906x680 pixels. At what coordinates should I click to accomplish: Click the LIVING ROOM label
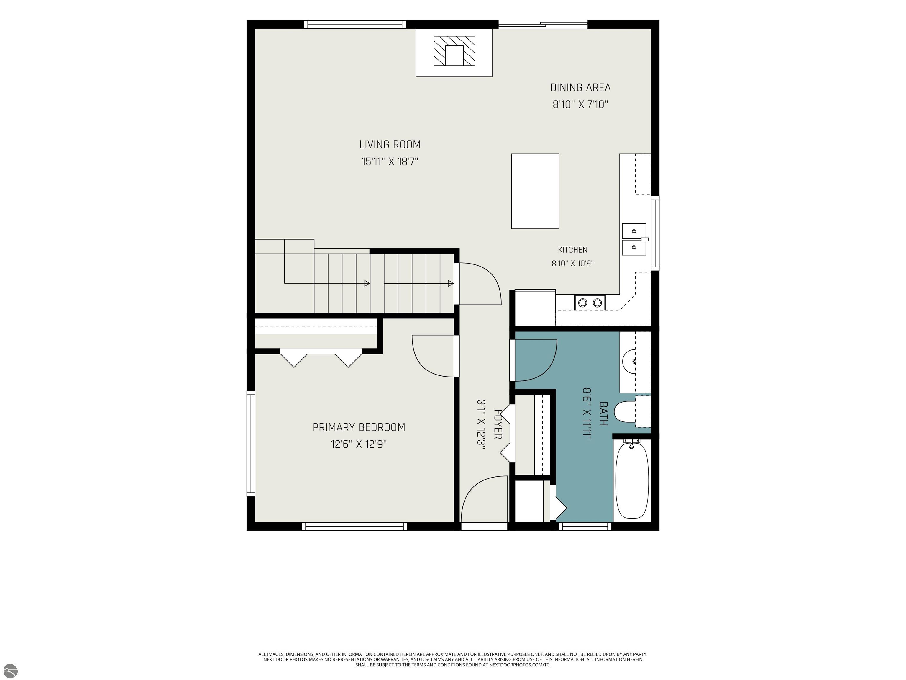click(390, 145)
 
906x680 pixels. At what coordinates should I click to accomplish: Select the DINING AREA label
click(580, 87)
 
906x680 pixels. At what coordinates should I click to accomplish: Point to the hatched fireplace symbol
click(454, 51)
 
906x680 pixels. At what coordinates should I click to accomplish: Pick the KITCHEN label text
click(573, 250)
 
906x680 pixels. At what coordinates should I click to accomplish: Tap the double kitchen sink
click(634, 239)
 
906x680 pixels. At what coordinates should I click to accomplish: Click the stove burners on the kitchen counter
click(590, 303)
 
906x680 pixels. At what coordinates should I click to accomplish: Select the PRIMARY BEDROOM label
click(359, 427)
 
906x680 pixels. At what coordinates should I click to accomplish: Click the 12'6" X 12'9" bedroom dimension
click(359, 444)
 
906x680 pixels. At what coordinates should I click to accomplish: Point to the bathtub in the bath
click(632, 480)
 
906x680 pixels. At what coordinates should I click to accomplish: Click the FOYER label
click(498, 424)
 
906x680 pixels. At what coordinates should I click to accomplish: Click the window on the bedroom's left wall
click(250, 444)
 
